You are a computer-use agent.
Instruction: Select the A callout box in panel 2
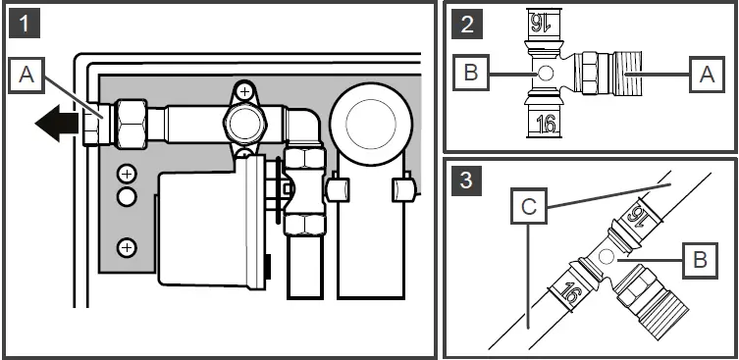(702, 74)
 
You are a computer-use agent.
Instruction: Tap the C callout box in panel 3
(529, 206)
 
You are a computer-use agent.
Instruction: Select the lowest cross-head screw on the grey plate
(127, 247)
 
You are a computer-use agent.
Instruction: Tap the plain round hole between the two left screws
(127, 195)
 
